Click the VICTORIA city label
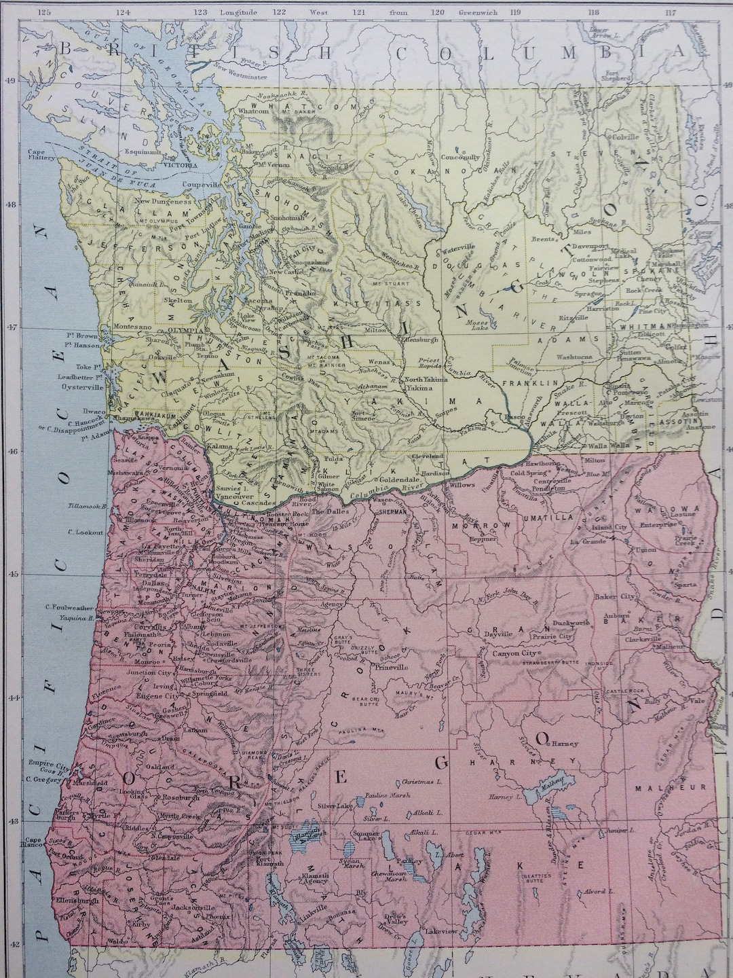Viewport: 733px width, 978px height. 180,165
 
